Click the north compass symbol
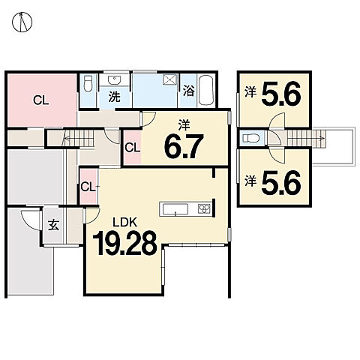[x=22, y=22]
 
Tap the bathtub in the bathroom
[x=206, y=90]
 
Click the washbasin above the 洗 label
[x=115, y=80]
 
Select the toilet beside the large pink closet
[x=88, y=83]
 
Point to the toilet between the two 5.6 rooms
[x=250, y=138]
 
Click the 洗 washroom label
[x=114, y=97]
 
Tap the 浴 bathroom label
[x=188, y=91]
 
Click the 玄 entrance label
[x=53, y=225]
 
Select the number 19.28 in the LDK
[x=124, y=243]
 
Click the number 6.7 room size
[x=184, y=146]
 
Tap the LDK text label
[x=124, y=222]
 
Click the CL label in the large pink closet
[x=41, y=100]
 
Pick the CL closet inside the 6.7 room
[x=132, y=148]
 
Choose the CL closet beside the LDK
[x=88, y=187]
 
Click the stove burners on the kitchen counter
[x=205, y=208]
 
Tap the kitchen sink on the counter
[x=175, y=209]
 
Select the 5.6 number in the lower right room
[x=281, y=183]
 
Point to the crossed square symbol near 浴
[x=169, y=79]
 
